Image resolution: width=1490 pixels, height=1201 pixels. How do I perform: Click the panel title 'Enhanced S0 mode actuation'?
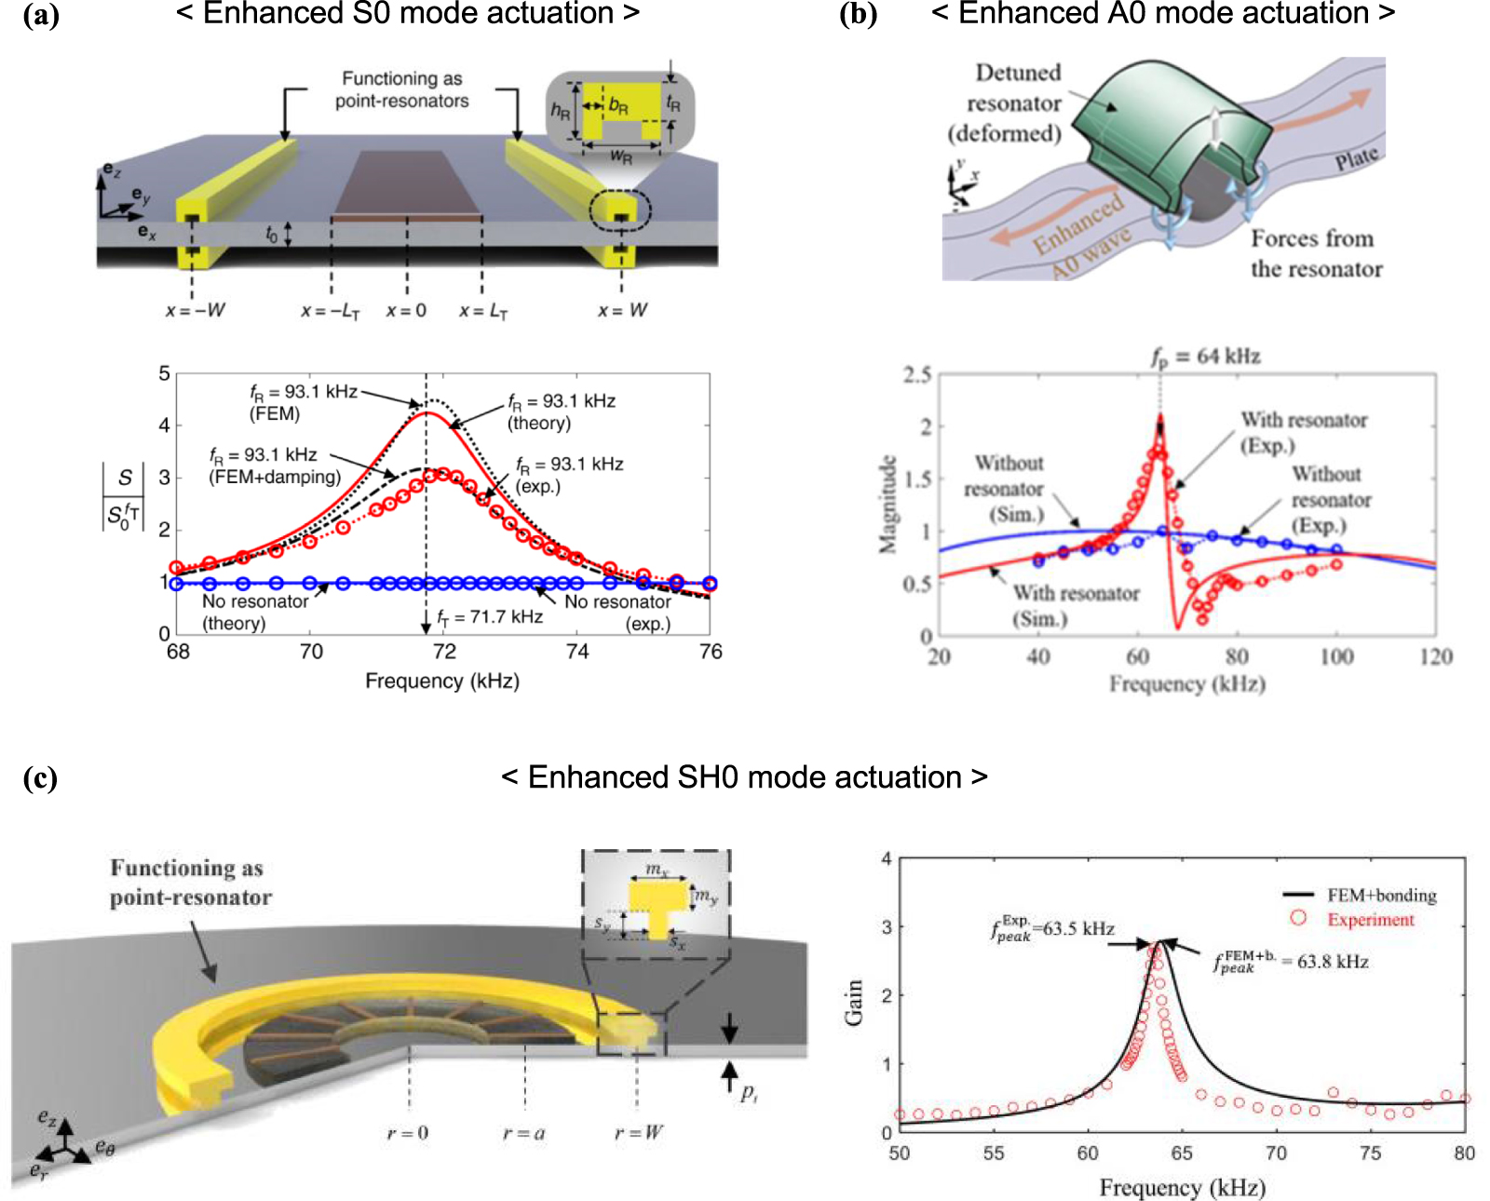[408, 14]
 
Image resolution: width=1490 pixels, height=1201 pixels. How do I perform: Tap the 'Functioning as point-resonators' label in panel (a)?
[401, 90]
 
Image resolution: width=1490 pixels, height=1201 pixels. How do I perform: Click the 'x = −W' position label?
[196, 310]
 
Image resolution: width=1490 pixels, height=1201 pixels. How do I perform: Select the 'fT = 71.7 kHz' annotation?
[490, 616]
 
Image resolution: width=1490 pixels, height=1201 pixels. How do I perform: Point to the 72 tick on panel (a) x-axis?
[444, 652]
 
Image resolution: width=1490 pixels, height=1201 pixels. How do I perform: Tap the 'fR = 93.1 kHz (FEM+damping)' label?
[274, 466]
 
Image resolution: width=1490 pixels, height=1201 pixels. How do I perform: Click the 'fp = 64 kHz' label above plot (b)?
[1205, 357]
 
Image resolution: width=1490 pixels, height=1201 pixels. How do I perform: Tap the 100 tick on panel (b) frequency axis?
[1336, 657]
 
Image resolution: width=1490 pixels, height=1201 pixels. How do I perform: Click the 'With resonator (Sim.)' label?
[1076, 605]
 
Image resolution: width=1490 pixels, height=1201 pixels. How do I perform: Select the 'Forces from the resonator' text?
[1315, 253]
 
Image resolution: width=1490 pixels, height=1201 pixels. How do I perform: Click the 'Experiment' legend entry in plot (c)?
[1370, 920]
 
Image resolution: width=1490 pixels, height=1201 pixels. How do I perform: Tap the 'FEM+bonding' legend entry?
[1381, 896]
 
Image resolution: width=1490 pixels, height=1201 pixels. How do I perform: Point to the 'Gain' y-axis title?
[853, 1002]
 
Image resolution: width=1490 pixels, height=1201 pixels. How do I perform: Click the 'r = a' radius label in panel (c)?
[523, 1133]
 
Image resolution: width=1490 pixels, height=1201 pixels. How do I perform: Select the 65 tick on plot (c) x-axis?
[1181, 1154]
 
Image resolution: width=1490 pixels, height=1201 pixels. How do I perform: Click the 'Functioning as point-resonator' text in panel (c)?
[190, 882]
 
